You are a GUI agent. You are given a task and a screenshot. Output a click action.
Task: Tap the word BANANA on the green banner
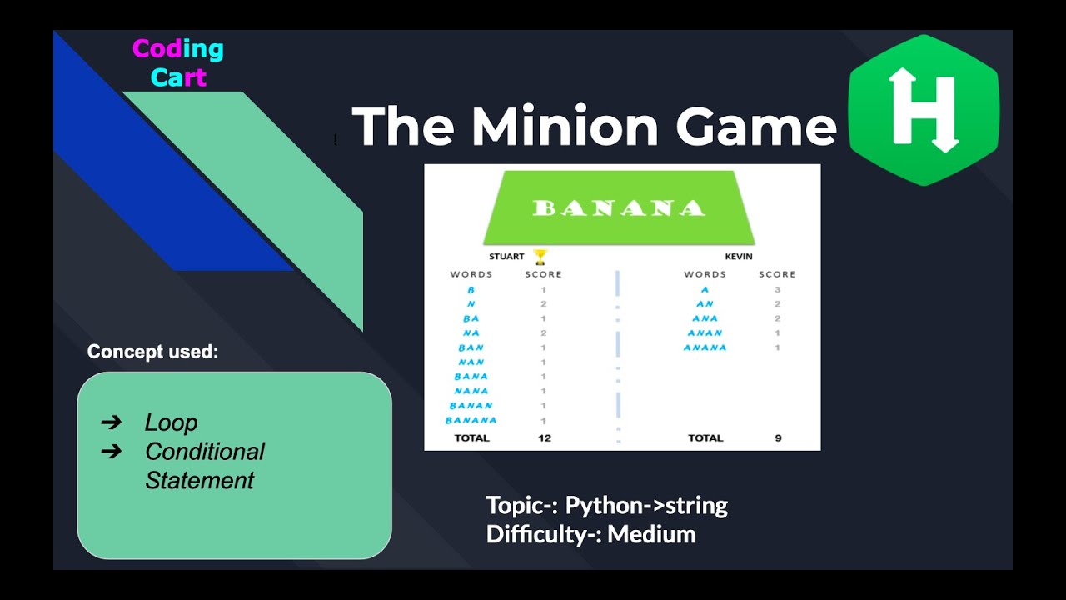pos(618,207)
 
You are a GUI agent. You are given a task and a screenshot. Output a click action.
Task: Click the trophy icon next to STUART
pos(540,257)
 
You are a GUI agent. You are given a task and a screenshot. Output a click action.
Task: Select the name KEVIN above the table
pos(738,257)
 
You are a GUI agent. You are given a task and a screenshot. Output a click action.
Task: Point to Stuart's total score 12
pos(545,437)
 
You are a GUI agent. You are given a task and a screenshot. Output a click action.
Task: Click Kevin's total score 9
pos(778,437)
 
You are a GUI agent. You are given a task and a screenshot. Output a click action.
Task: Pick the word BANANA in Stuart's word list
pos(471,421)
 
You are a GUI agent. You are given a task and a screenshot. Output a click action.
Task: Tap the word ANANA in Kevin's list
pos(705,347)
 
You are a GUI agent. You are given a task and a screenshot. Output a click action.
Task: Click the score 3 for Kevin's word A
pos(777,289)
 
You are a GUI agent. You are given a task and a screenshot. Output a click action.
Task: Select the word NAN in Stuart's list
pos(471,362)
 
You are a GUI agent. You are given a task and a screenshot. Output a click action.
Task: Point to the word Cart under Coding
pos(178,77)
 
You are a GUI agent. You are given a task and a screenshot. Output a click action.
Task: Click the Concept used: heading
pos(152,352)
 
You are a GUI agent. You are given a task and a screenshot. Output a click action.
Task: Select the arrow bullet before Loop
pos(111,422)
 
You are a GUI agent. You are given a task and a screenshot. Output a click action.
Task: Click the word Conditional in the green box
pos(204,452)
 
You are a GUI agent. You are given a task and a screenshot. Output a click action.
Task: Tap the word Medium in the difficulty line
pos(651,534)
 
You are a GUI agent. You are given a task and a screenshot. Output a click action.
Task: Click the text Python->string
pos(646,505)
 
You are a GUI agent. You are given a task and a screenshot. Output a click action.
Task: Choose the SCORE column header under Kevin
pos(777,274)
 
